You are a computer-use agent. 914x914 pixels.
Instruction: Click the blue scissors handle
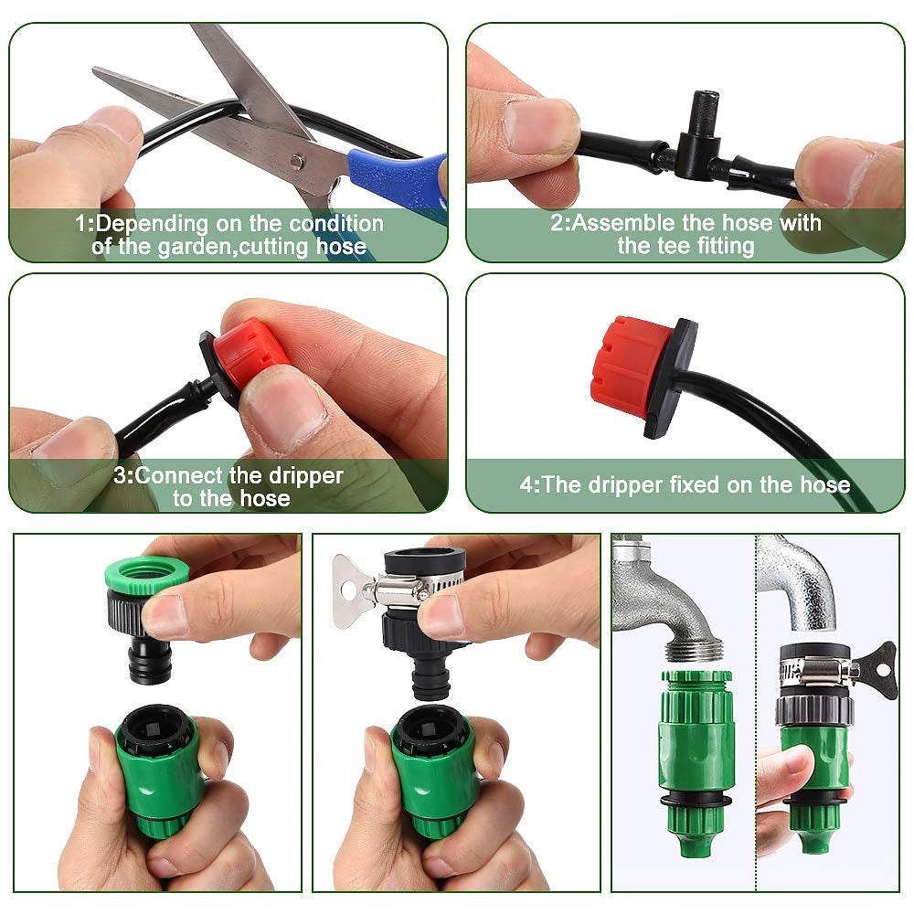[x=402, y=174]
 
